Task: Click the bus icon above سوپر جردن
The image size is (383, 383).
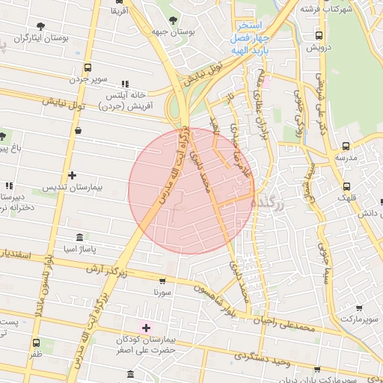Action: pos(88,67)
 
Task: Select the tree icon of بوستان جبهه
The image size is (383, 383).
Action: pos(174,19)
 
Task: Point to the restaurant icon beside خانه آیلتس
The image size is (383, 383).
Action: pos(124,84)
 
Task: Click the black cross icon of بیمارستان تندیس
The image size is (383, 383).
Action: pos(72,176)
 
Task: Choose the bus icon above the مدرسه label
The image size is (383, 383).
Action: pos(346,147)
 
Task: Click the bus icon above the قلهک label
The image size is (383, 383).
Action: pos(346,187)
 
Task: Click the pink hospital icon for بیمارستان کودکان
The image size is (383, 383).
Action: pos(146,328)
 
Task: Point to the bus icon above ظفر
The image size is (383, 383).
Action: pos(36,343)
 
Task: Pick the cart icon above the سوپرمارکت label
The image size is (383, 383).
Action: pos(359,307)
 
